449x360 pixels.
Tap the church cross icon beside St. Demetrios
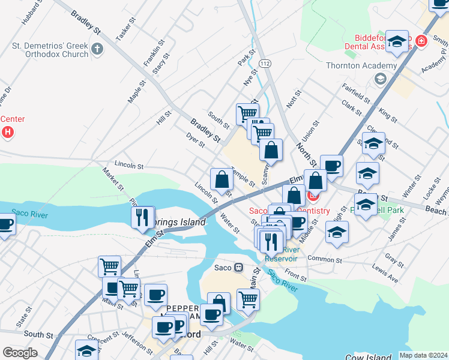(x=97, y=48)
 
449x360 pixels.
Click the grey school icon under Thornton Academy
(x=379, y=79)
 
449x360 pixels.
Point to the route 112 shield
(x=264, y=62)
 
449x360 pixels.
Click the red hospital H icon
(x=7, y=131)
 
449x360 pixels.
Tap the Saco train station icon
(x=238, y=267)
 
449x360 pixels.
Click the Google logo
(x=20, y=353)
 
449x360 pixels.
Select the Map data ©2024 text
(x=423, y=355)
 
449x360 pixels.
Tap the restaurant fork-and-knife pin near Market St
(x=143, y=217)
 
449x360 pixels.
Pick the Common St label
(x=324, y=260)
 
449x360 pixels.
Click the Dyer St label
(x=196, y=140)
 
